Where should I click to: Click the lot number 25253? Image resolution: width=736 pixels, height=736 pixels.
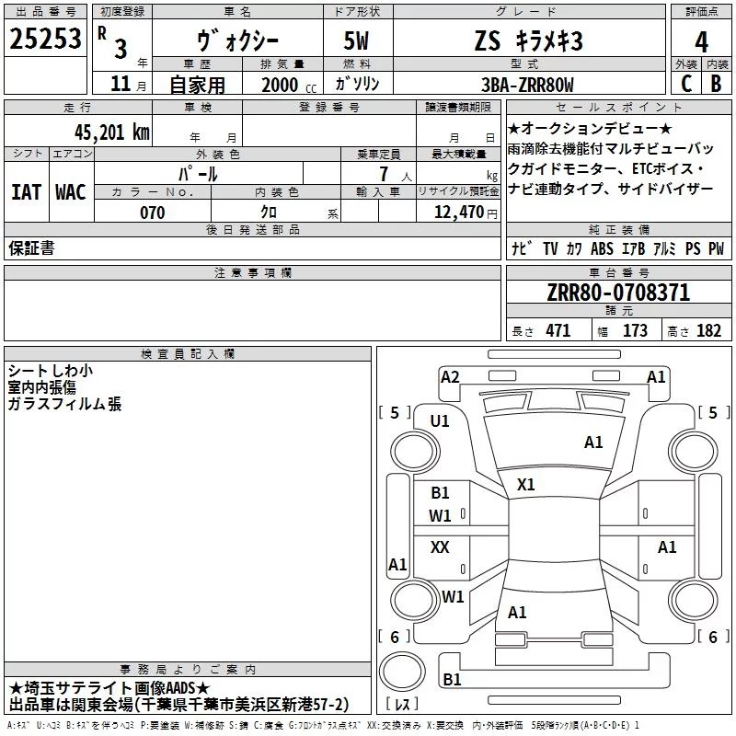(x=46, y=40)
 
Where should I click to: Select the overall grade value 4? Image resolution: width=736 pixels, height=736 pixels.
(x=701, y=41)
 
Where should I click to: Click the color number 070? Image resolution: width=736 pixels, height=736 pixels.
(x=152, y=213)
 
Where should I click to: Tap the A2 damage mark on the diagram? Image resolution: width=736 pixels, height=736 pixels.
(x=450, y=376)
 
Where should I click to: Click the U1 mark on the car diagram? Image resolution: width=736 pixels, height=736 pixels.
(x=440, y=421)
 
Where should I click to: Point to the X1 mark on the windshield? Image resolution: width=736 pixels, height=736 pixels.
(x=526, y=484)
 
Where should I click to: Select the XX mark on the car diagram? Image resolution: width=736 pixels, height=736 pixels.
(x=440, y=547)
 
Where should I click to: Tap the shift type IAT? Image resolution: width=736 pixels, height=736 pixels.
(x=26, y=192)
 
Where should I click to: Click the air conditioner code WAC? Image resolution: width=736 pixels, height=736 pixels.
(x=70, y=192)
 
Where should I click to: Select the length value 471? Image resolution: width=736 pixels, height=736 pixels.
(x=558, y=331)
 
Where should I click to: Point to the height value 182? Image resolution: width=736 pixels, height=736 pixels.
(x=709, y=331)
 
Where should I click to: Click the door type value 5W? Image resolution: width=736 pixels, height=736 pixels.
(x=360, y=41)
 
